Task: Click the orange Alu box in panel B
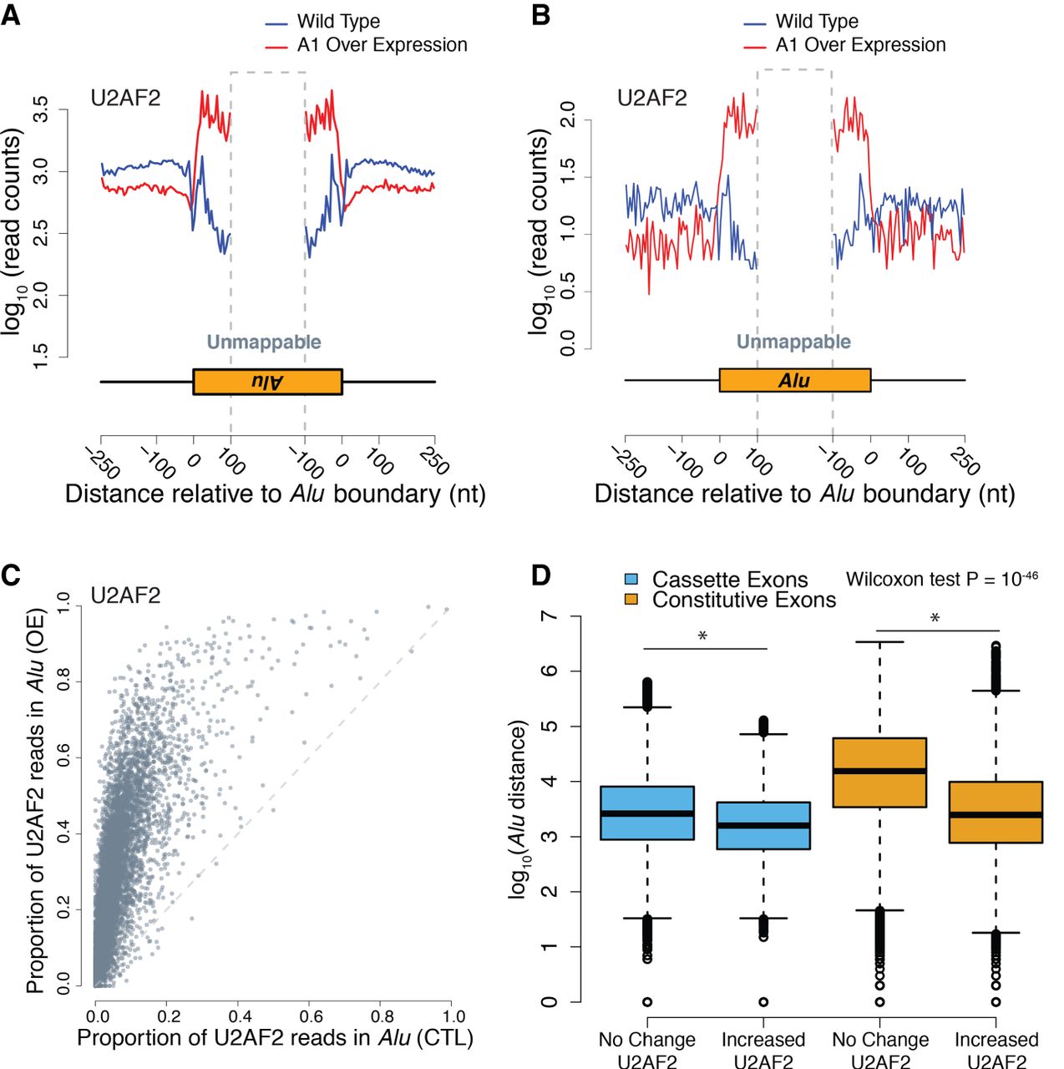(794, 380)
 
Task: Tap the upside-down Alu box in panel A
(267, 382)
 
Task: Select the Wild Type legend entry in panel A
(337, 22)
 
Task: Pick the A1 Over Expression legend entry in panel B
(860, 45)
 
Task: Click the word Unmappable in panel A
(264, 342)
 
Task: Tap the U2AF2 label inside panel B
(651, 99)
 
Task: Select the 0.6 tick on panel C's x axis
(311, 1016)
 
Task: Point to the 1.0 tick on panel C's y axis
(63, 605)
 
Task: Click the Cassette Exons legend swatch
(631, 580)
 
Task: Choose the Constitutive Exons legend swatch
(631, 600)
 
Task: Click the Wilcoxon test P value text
(941, 578)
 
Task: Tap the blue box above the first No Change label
(646, 813)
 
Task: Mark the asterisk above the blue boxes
(702, 636)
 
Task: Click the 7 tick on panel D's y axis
(549, 616)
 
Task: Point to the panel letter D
(541, 575)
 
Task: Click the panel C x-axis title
(275, 1037)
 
